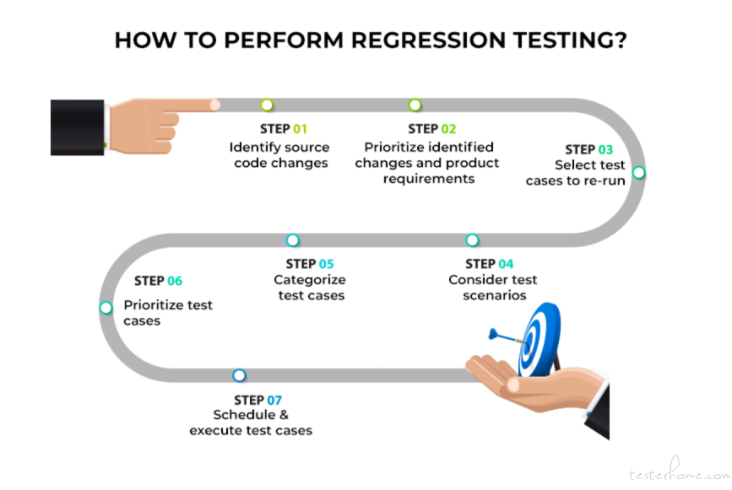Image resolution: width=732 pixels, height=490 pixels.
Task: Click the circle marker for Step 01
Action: coord(267,105)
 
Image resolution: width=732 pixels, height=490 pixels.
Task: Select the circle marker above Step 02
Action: coord(415,105)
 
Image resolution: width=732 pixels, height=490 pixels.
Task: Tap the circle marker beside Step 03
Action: coord(638,173)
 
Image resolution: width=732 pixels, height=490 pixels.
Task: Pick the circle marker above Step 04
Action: coord(472,240)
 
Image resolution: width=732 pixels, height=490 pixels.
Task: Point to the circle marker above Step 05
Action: coord(292,240)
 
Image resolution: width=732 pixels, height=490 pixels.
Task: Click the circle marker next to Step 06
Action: coord(106,308)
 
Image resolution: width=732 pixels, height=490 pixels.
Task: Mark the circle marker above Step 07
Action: coord(239,375)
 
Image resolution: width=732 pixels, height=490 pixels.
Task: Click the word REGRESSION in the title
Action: coord(428,40)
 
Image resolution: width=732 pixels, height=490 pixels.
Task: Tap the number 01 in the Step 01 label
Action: coord(300,129)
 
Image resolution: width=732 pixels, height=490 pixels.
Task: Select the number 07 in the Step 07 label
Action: coord(274,401)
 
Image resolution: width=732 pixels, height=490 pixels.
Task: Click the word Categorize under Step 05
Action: coord(310,280)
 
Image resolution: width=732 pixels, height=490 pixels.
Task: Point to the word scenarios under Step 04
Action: coord(495,295)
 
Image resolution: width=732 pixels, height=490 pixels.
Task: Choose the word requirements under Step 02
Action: coord(429,179)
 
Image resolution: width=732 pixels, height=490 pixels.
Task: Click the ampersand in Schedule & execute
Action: coord(284,414)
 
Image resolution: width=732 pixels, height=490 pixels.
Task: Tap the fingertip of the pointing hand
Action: coord(214,105)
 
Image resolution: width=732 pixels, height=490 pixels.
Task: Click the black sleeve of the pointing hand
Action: coord(78,127)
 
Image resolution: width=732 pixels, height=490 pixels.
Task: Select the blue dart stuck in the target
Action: coord(507,337)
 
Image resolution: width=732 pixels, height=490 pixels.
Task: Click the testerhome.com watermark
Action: coord(680,471)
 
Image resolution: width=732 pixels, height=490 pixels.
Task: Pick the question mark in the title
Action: coord(621,40)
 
